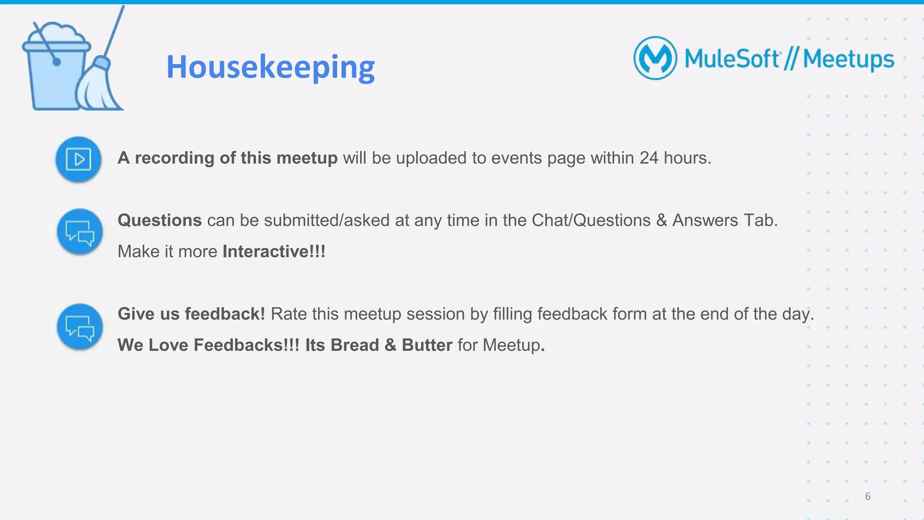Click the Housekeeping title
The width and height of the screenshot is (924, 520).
tap(270, 67)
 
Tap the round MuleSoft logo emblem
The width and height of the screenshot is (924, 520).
tap(655, 58)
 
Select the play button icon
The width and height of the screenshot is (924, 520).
tap(79, 159)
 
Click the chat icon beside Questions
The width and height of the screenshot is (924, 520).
tap(80, 232)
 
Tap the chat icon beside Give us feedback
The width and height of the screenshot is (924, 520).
tap(80, 327)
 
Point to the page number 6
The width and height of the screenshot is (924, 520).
tap(868, 496)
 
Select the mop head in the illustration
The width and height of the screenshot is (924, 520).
tap(97, 90)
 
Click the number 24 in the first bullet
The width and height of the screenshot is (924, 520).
tap(649, 158)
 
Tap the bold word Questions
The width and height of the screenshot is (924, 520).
tap(159, 220)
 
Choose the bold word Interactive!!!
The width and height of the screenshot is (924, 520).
tap(274, 251)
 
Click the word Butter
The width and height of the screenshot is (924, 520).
tap(427, 345)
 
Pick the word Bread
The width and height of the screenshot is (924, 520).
tap(355, 345)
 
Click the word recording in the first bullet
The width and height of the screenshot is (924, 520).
tap(174, 158)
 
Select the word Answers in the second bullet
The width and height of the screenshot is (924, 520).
tap(705, 220)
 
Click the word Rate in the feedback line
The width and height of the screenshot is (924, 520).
tap(288, 314)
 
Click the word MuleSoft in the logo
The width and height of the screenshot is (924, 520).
tap(732, 59)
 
